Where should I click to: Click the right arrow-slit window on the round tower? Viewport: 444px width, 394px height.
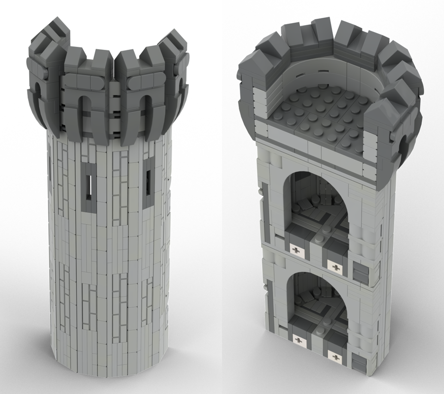pyautogui.click(x=148, y=189)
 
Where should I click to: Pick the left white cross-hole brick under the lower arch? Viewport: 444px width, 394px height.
pyautogui.click(x=297, y=340)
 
